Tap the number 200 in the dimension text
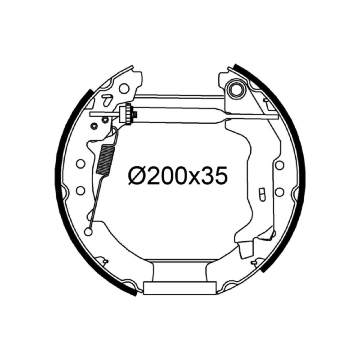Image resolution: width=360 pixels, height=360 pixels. click(168, 175)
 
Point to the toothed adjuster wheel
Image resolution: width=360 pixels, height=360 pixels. click(128, 114)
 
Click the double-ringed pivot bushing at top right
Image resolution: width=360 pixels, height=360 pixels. click(236, 88)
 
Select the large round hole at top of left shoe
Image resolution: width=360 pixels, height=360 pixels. click(124, 88)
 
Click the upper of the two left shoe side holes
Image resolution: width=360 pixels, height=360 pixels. click(81, 164)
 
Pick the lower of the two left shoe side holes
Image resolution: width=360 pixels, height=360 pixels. click(81, 190)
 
